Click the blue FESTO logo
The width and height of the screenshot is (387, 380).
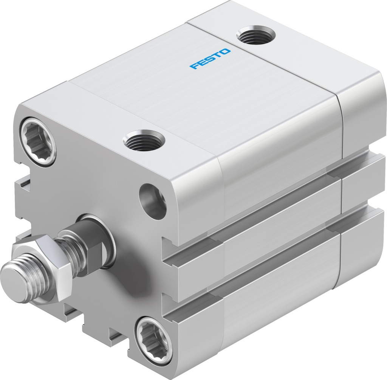210,59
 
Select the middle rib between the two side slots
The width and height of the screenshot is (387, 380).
272,234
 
